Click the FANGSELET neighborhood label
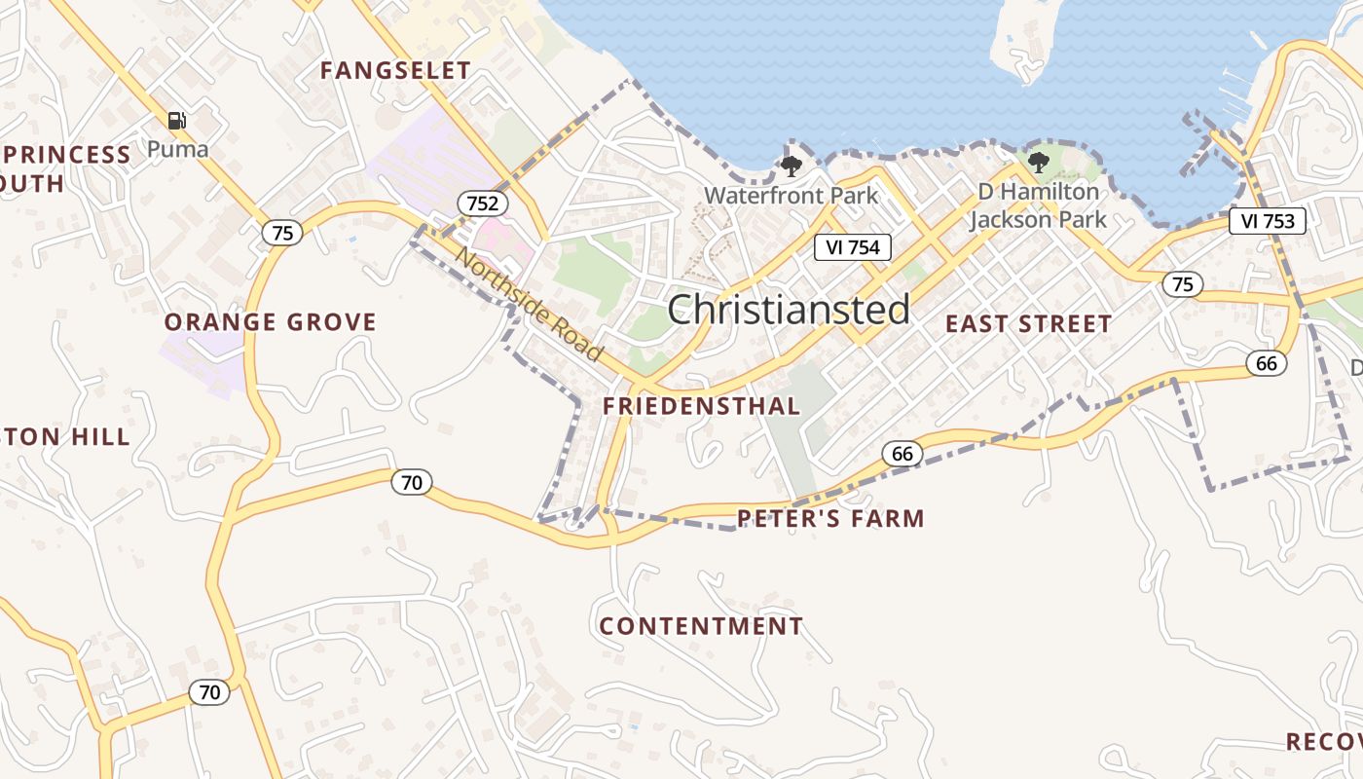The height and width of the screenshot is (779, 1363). [x=395, y=70]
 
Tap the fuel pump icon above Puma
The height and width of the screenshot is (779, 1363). [x=176, y=121]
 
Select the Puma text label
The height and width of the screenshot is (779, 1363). [x=178, y=149]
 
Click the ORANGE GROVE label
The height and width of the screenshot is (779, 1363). [x=270, y=322]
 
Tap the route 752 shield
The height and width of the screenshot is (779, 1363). [x=483, y=204]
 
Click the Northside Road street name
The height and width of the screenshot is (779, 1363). [x=530, y=305]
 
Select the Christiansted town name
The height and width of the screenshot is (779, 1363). [x=789, y=310]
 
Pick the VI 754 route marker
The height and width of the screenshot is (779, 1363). [x=852, y=247]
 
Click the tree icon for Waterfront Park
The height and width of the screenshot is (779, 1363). [x=792, y=166]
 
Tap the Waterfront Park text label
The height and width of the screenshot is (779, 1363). [x=791, y=195]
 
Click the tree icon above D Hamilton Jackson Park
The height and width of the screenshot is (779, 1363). [x=1039, y=163]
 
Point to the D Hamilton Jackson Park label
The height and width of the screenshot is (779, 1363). [x=1038, y=205]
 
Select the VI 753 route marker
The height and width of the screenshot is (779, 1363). [x=1267, y=221]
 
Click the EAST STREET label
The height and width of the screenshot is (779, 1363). [x=1028, y=324]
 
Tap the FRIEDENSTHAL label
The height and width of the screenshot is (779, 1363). [x=701, y=406]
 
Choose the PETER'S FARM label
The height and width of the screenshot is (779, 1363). [x=830, y=518]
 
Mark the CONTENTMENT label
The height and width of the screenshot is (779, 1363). [x=701, y=626]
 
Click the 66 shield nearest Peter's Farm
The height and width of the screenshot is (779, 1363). [x=902, y=453]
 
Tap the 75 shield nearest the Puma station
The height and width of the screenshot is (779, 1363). [x=281, y=233]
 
